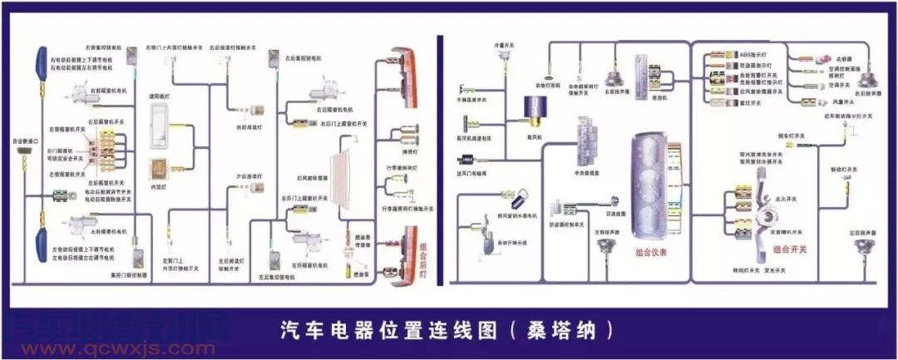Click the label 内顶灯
(x=157, y=188)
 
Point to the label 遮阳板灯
(x=158, y=96)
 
